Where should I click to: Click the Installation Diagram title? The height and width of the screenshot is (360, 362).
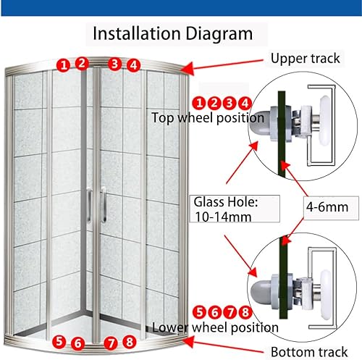173,34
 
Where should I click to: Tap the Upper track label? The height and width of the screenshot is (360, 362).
306,59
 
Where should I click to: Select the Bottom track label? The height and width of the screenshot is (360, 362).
309,352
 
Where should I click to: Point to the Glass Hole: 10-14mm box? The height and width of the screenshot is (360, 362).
235,209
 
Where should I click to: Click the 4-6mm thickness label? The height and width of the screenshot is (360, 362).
327,207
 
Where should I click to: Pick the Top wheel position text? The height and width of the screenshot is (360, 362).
208,118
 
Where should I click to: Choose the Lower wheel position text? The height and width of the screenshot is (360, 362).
215,327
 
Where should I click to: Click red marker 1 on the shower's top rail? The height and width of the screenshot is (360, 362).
64,65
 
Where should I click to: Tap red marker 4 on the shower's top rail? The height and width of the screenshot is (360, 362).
133,65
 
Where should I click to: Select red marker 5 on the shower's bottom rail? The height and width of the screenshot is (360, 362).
59,341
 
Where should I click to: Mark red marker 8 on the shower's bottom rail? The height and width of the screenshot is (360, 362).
130,342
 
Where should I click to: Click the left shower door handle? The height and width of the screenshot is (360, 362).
89,205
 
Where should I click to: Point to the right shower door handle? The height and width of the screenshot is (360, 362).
104,205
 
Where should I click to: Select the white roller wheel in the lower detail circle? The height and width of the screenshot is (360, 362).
326,295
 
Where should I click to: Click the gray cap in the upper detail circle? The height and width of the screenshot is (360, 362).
259,123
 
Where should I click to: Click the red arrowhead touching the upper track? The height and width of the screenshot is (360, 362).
188,68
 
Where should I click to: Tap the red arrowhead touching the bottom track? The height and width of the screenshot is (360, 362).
188,342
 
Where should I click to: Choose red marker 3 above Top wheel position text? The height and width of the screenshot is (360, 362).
230,103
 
